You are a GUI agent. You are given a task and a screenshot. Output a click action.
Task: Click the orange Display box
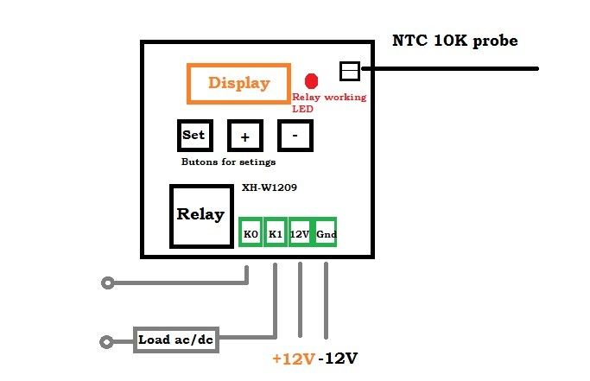pyautogui.click(x=238, y=84)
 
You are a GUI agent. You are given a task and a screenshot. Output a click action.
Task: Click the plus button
pyautogui.click(x=244, y=137)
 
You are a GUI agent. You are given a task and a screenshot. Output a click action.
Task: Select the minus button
pyautogui.click(x=295, y=136)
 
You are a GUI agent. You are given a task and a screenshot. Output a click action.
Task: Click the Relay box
pyautogui.click(x=200, y=214)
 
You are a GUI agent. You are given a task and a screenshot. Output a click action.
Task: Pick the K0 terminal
pyautogui.click(x=251, y=233)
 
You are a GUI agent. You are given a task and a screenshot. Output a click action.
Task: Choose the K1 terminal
pyautogui.click(x=276, y=233)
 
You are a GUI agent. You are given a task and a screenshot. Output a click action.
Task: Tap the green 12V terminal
pyautogui.click(x=300, y=233)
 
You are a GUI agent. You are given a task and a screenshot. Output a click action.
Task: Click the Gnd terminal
pyautogui.click(x=326, y=233)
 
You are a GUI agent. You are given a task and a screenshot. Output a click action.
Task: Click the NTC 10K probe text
pyautogui.click(x=455, y=41)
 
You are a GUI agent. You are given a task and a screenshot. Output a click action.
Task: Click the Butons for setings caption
pyautogui.click(x=228, y=162)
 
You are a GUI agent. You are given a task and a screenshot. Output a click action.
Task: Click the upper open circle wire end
pyautogui.click(x=107, y=283)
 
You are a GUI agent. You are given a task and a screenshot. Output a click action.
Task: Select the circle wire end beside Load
pyautogui.click(x=107, y=341)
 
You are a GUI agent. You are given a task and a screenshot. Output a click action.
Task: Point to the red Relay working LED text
pyautogui.click(x=328, y=103)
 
